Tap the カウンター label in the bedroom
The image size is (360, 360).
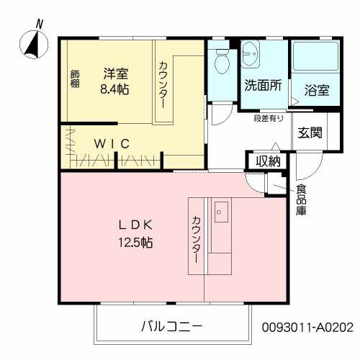click(163, 86)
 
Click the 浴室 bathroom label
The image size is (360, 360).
click(317, 91)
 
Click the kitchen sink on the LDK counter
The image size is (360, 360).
click(221, 212)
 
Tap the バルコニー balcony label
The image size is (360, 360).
click(171, 325)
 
